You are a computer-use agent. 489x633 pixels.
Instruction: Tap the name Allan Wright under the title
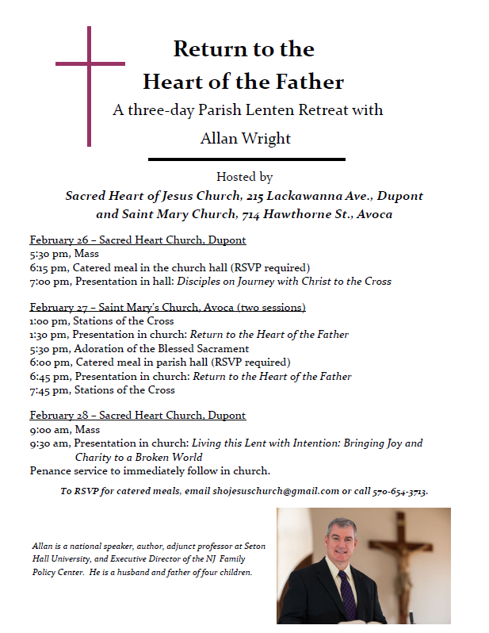[x=245, y=138]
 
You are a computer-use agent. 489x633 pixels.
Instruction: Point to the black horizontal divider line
[x=246, y=159]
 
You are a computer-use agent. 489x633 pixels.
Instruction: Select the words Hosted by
[x=244, y=178]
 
